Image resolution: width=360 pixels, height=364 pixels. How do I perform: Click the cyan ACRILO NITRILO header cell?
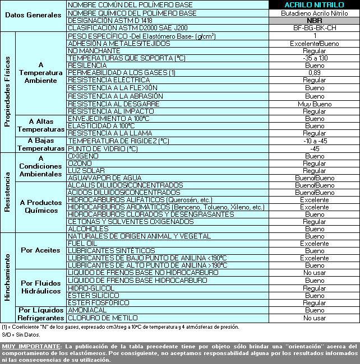[314, 5]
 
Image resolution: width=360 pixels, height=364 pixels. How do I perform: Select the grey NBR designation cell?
[314, 20]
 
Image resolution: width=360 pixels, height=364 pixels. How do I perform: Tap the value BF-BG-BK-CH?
[314, 27]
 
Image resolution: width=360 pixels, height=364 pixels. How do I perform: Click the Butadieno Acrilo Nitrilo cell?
[314, 12]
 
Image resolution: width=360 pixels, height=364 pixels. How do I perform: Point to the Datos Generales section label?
[33, 15]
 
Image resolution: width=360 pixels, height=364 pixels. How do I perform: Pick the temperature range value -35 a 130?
[314, 58]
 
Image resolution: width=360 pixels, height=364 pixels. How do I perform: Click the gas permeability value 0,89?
[314, 73]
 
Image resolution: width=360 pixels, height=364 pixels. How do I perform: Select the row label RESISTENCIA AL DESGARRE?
[108, 104]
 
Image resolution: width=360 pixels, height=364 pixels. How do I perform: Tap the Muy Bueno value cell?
[314, 104]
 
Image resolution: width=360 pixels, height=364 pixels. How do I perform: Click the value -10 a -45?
[314, 141]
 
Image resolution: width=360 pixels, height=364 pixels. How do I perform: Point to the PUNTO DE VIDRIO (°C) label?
[102, 148]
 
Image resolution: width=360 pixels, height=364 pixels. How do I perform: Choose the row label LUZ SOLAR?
[86, 170]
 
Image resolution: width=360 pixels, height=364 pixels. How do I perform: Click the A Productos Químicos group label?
[39, 207]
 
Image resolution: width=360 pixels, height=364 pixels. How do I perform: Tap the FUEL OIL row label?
[81, 244]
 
